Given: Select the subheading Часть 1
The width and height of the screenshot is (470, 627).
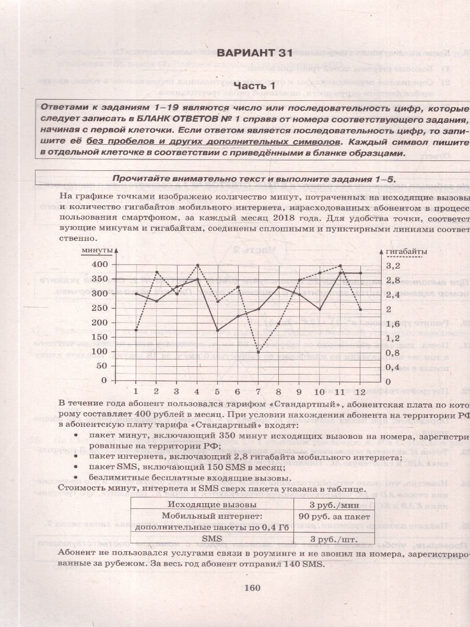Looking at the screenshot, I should tap(254, 85).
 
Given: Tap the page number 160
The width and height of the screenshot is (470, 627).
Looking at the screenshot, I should tap(252, 588).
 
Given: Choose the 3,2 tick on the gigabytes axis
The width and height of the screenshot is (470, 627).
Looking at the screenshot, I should tap(392, 265).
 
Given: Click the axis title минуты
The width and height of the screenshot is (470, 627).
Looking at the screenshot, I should tap(97, 251).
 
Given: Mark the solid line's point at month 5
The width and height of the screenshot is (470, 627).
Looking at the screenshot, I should tap(217, 331).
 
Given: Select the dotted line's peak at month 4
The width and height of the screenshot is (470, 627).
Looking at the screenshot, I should tap(197, 265).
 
